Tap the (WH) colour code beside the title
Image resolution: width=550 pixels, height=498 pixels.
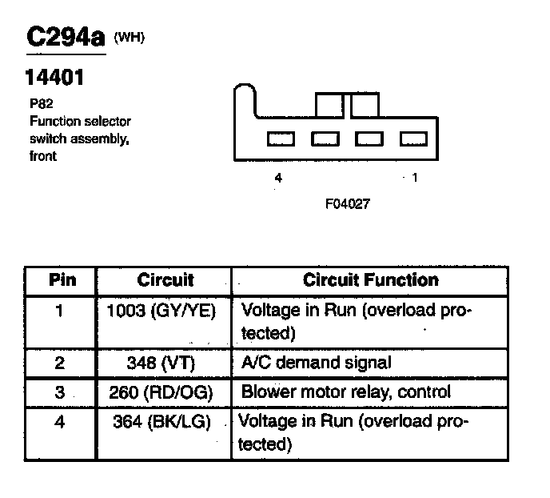tap(130, 37)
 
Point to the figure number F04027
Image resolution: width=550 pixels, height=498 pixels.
tap(347, 203)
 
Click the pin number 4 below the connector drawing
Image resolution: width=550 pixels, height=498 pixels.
tap(278, 179)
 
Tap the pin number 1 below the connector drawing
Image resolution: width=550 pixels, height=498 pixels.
tap(414, 179)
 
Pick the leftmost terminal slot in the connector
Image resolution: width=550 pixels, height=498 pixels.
tap(281, 139)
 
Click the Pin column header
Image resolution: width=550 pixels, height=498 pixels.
tap(62, 280)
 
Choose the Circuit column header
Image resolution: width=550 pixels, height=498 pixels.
tap(165, 280)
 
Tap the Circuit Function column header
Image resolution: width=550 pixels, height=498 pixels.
tap(371, 280)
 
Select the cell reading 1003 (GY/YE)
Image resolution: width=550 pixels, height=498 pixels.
tap(161, 311)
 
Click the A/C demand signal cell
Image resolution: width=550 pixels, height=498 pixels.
tap(317, 362)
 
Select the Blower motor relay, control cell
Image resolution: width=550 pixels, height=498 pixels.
tap(346, 392)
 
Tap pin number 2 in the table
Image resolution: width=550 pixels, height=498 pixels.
tap(60, 362)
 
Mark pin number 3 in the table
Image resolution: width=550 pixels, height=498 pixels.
tap(60, 392)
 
